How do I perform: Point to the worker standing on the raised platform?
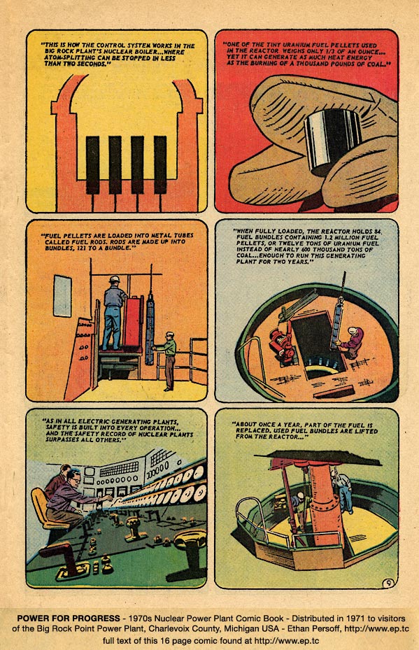pyautogui.click(x=113, y=311)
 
